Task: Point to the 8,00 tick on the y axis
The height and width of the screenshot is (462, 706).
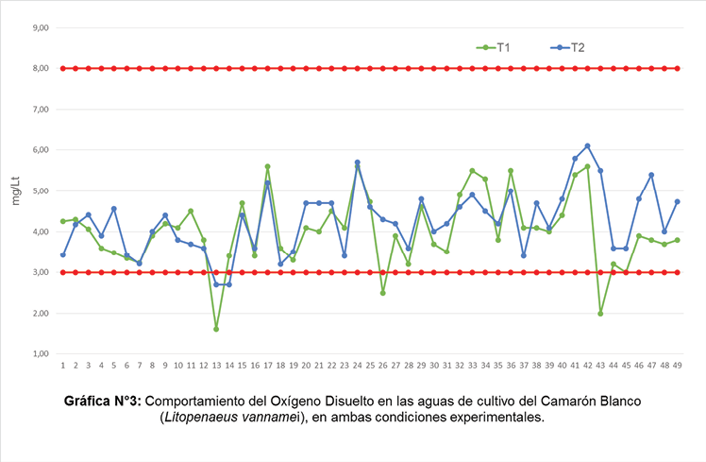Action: [x=41, y=68]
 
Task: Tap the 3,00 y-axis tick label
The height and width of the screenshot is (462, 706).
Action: [x=41, y=272]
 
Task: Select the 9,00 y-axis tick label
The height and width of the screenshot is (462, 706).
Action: [x=41, y=27]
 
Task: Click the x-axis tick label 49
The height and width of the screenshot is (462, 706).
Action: [x=677, y=365]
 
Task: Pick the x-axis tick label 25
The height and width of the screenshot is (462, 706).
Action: [x=370, y=365]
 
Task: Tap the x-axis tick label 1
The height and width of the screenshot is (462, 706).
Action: [x=62, y=365]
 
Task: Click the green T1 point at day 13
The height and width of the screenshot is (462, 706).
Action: [x=216, y=329]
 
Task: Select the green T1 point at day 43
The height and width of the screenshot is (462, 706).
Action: [x=600, y=313]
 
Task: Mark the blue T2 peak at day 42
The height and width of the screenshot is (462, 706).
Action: [x=587, y=145]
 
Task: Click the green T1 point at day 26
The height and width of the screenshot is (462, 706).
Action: [x=382, y=293]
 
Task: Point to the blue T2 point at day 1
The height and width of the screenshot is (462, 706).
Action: [x=62, y=254]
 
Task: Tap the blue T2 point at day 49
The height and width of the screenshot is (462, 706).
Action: [x=677, y=201]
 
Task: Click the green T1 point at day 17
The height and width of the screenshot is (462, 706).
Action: [x=267, y=166]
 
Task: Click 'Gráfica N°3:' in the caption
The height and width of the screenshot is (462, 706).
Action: [x=103, y=401]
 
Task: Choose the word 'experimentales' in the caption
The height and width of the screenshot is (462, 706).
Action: [x=497, y=418]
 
